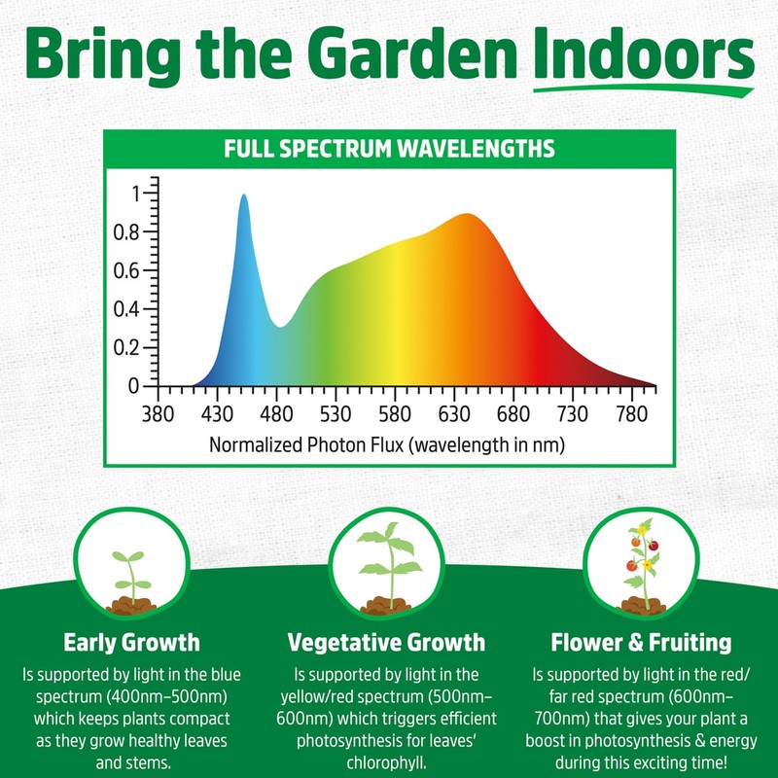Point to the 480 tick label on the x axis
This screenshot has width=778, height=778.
pos(277,414)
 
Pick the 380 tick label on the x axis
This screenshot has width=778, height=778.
pos(159,414)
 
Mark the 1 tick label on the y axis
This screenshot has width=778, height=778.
pos(135,194)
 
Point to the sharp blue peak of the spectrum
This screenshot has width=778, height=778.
pos(243,197)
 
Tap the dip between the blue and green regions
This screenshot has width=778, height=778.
pos(279,325)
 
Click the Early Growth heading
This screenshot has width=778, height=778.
pos(132,642)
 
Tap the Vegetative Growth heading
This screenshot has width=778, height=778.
pos(387,642)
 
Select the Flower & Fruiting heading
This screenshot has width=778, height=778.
pos(641,642)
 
